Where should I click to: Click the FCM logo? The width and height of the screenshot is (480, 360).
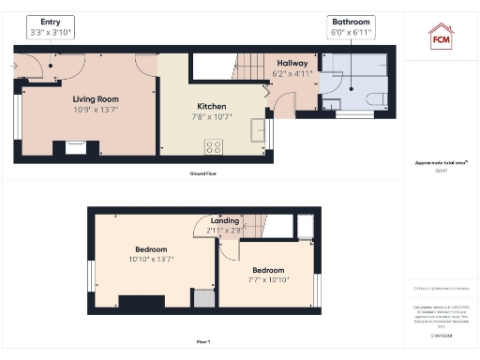click(x=441, y=36)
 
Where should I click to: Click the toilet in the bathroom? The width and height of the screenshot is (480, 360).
click(x=375, y=99)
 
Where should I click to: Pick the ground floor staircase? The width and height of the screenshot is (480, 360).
click(x=249, y=67)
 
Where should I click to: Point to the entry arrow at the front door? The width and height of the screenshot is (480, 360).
click(x=14, y=67)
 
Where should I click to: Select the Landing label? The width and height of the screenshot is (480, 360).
click(x=224, y=221)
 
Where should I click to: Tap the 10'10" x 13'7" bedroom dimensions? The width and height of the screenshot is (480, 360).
click(x=151, y=259)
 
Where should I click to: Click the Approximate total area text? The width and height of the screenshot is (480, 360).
click(x=441, y=162)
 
